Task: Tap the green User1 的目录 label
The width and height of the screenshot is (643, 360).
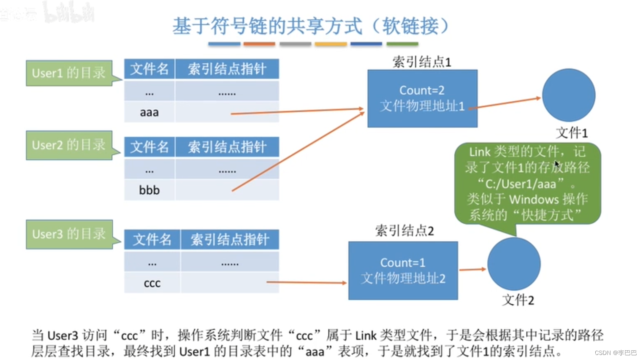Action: [69, 73]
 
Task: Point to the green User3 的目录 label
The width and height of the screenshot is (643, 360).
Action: [69, 234]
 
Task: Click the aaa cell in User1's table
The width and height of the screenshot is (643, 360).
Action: [149, 112]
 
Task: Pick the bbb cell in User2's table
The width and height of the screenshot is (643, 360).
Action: [149, 190]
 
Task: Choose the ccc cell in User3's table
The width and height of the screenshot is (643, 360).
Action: [152, 283]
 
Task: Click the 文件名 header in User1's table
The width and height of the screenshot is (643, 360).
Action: [149, 69]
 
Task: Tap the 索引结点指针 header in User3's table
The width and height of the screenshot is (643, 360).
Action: [230, 240]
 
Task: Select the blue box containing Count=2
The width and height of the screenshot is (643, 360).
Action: [422, 98]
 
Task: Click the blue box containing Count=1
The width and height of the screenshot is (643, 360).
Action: [403, 271]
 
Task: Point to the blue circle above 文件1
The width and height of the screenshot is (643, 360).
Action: [568, 95]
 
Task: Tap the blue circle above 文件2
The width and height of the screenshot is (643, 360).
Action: [514, 264]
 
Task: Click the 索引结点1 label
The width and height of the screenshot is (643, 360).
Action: [422, 62]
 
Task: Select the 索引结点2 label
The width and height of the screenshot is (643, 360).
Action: [404, 231]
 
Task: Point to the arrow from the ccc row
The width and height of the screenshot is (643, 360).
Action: [306, 282]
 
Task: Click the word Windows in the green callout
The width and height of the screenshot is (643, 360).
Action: [534, 199]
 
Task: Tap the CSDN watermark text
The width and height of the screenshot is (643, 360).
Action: [615, 353]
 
